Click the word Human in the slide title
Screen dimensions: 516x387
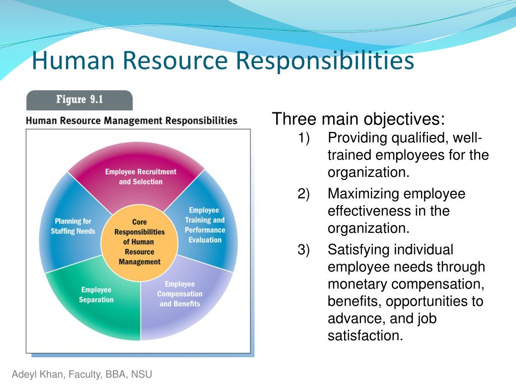[x=73, y=60]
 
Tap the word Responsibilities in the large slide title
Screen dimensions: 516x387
[x=325, y=61]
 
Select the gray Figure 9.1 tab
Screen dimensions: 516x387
[x=79, y=100]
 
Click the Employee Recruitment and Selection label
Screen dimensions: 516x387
[x=141, y=177]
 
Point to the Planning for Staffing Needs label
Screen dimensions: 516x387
[x=73, y=226]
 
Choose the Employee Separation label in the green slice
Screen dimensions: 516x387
[x=96, y=294]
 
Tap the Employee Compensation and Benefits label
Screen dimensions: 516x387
[x=180, y=294]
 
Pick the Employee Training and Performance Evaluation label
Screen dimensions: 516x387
[x=205, y=225]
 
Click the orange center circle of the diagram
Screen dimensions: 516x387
[x=140, y=242]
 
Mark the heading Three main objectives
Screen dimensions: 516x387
[x=358, y=119]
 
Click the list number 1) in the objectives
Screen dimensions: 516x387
[x=303, y=138]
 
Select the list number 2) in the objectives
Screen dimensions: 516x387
[x=303, y=194]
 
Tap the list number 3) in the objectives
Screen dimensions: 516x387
[x=303, y=250]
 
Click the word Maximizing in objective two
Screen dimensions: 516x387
[x=363, y=194]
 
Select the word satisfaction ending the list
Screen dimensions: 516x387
[x=365, y=336]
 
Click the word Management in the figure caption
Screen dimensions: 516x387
[x=134, y=121]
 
